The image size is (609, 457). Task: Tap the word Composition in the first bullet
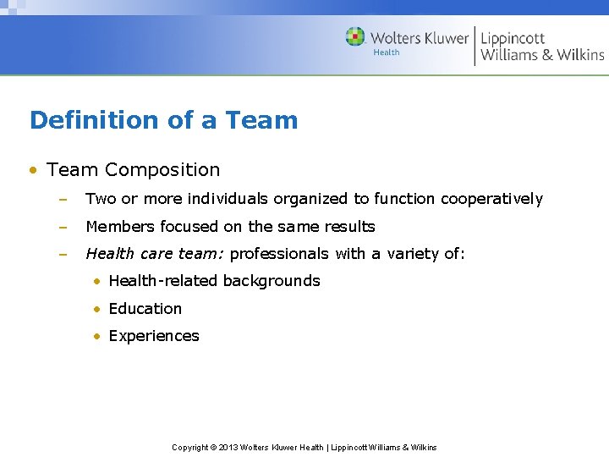coord(162,169)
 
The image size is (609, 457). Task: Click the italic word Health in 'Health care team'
coord(108,254)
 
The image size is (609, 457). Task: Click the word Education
coord(145,309)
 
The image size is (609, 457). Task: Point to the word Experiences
coord(154,336)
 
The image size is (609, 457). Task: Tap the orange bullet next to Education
coord(98,309)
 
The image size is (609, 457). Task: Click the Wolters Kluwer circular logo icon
coord(355,37)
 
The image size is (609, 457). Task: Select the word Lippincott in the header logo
coord(513,39)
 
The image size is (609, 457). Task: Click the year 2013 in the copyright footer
coord(228,447)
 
